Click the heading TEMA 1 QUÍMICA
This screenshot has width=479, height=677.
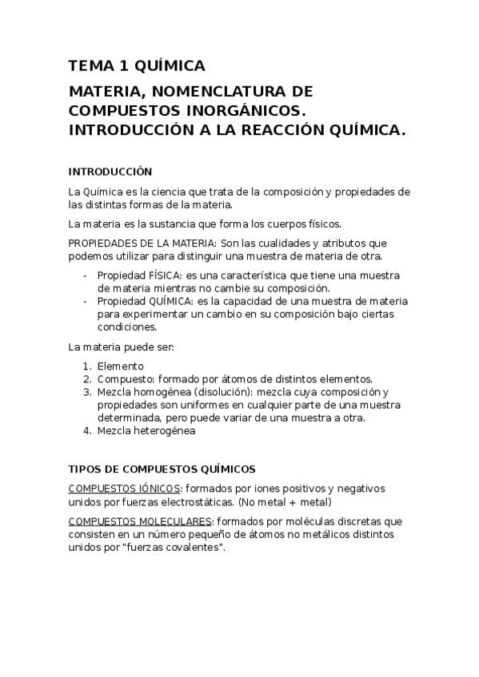(137, 65)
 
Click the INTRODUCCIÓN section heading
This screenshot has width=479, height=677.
(110, 172)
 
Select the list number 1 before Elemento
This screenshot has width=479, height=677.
(87, 366)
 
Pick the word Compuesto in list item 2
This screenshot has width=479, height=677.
(124, 378)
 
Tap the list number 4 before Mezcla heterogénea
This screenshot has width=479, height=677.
(87, 431)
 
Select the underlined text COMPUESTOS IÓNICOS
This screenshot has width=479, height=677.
(126, 489)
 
